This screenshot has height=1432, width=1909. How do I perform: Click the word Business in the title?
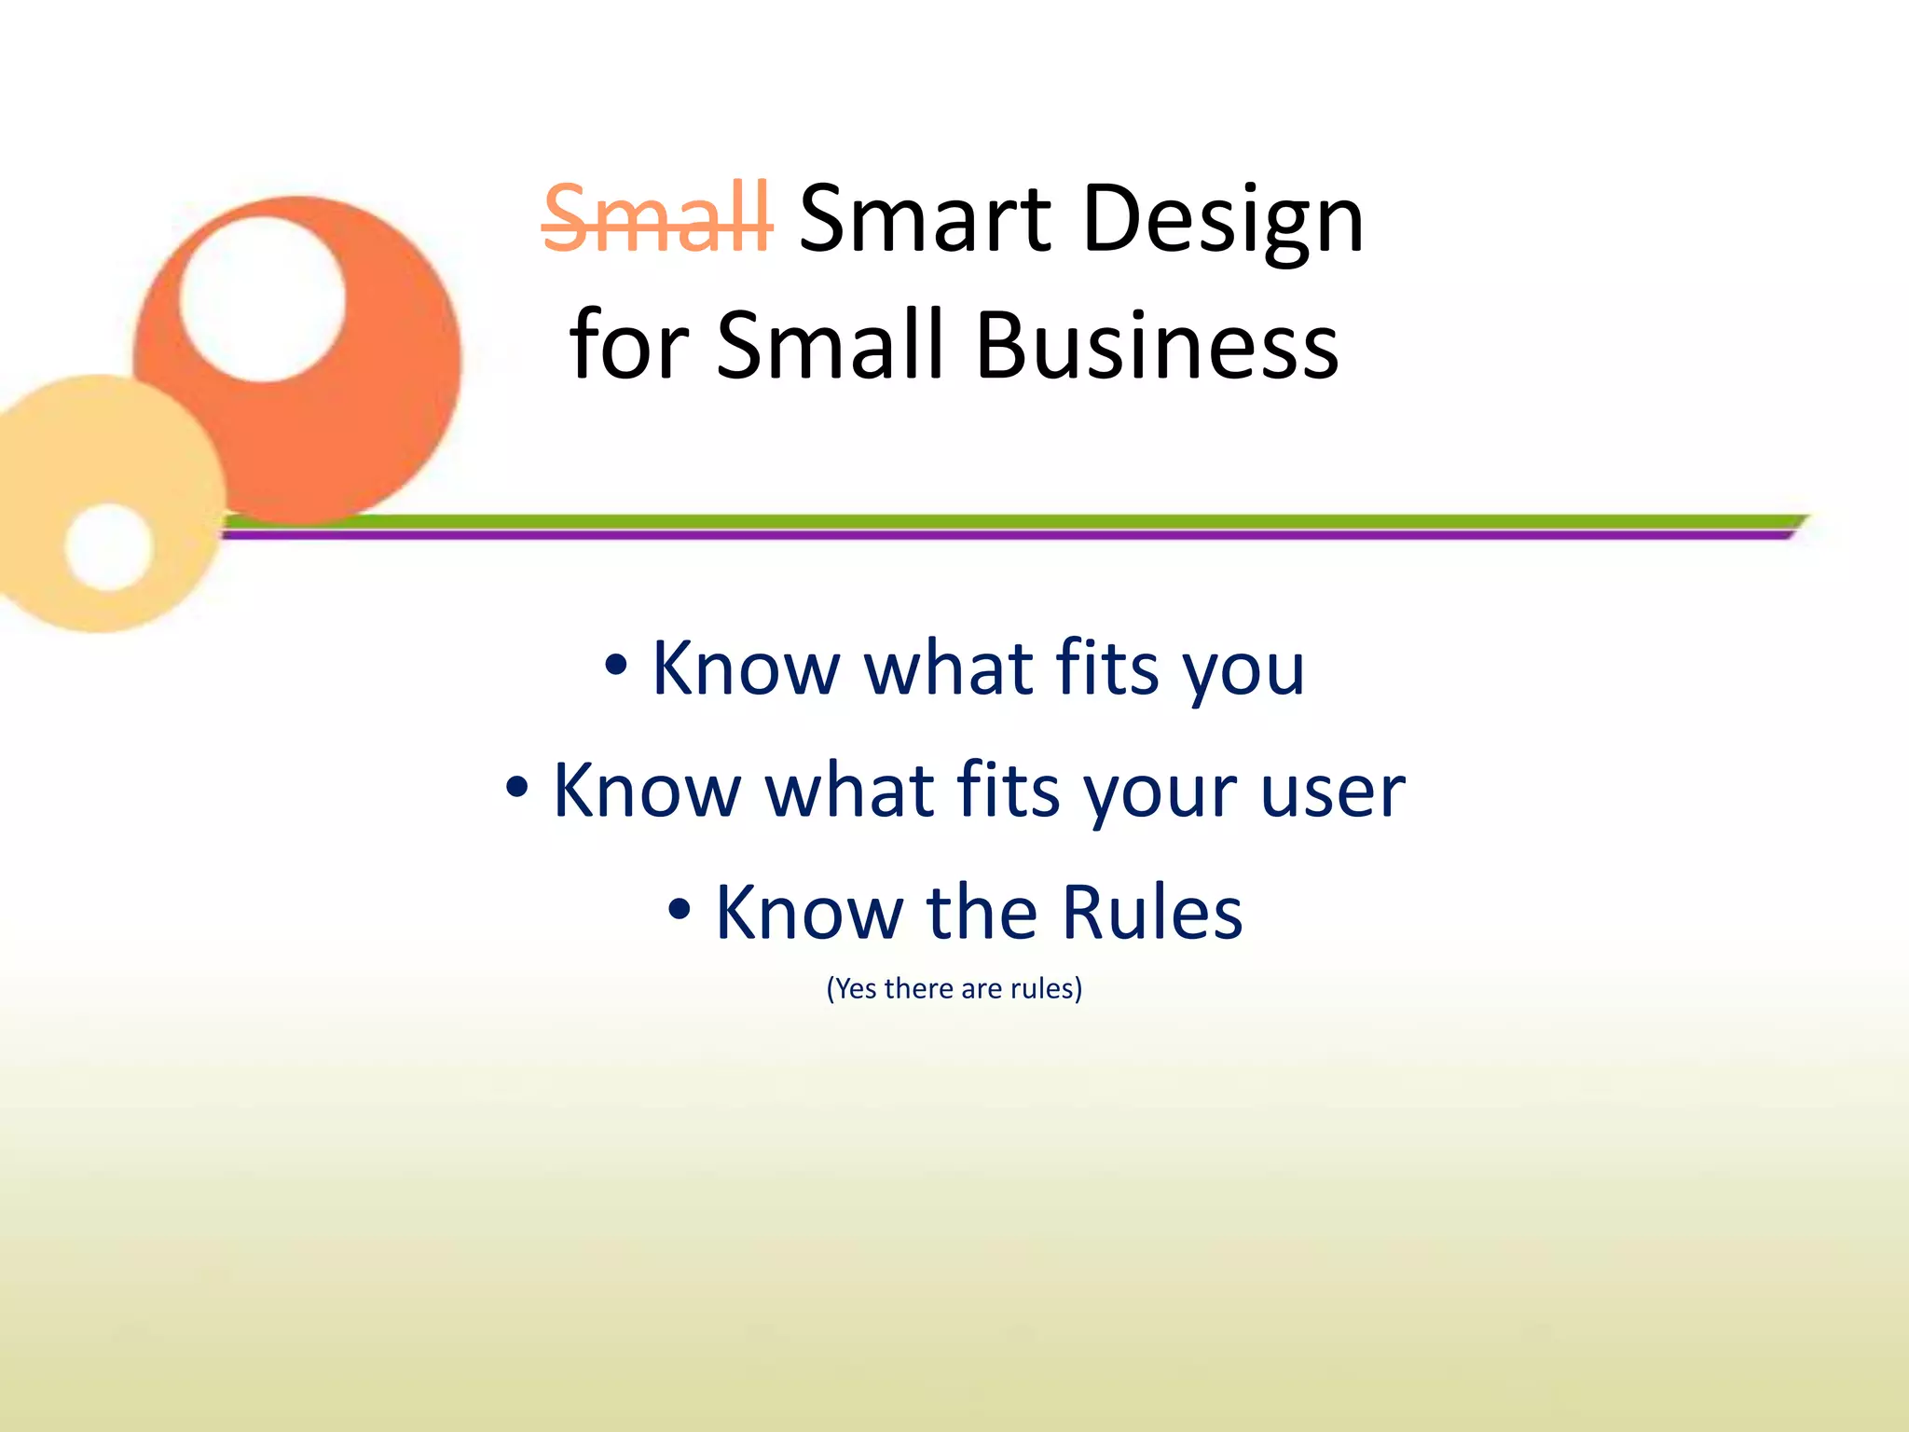1157,347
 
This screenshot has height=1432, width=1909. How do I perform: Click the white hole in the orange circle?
263,299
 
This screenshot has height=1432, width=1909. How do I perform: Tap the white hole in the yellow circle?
109,547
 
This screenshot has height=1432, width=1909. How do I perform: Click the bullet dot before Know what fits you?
615,666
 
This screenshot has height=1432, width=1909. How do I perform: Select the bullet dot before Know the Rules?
680,910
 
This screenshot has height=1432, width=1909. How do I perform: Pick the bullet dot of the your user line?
517,788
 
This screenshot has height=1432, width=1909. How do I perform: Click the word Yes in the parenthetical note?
855,988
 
